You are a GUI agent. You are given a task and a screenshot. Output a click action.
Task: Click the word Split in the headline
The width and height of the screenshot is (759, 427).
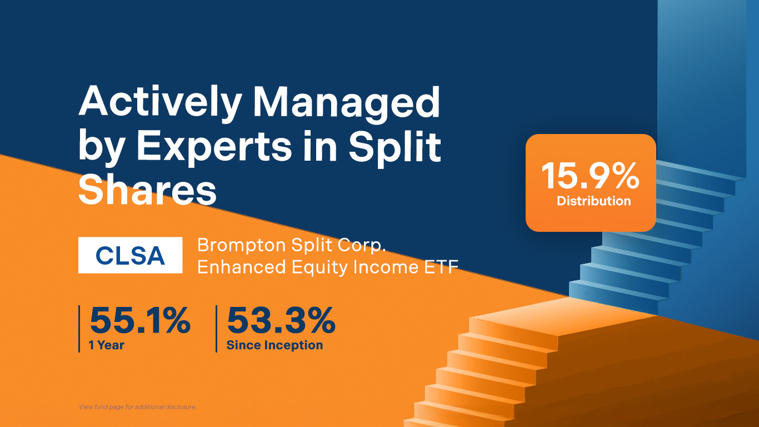tap(395, 147)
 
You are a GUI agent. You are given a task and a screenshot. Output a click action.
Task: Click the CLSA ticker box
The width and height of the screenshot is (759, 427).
tap(131, 255)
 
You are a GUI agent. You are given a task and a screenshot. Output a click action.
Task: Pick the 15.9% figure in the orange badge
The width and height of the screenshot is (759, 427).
tap(591, 176)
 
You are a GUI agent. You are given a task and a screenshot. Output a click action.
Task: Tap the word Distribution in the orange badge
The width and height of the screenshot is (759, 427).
tap(593, 201)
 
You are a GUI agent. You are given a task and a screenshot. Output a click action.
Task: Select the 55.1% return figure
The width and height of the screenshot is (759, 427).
tap(140, 320)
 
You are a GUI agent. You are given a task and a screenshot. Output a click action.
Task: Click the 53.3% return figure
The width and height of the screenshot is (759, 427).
tap(281, 320)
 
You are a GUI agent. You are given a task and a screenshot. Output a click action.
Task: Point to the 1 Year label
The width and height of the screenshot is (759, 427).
tap(106, 345)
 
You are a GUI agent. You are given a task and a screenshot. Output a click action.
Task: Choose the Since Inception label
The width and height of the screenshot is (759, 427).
tap(275, 345)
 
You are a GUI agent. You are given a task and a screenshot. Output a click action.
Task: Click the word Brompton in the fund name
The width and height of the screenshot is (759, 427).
tap(242, 245)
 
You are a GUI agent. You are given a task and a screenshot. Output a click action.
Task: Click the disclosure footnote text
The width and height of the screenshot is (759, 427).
tap(138, 407)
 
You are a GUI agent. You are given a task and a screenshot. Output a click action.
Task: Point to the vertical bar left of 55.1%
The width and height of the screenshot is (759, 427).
tap(79, 329)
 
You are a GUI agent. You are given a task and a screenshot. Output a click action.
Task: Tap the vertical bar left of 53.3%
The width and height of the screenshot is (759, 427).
tap(216, 329)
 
